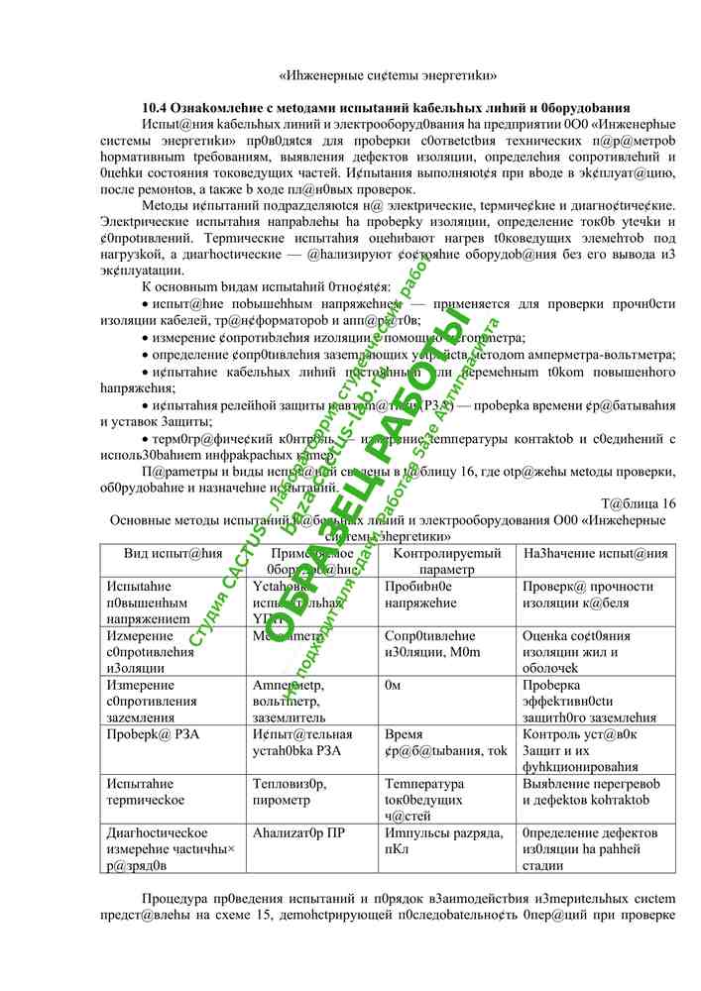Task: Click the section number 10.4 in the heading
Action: coord(154,107)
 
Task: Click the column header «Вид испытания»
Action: coord(175,553)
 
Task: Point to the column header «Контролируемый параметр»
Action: coord(446,561)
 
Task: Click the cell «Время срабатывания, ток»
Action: coord(445,742)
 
